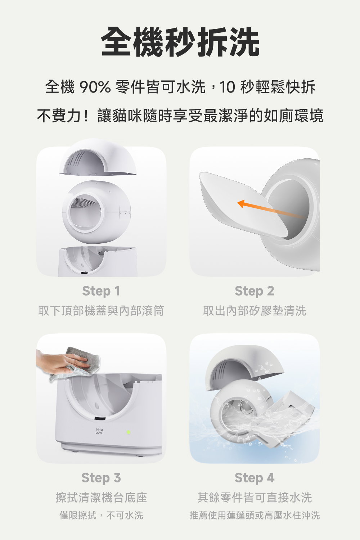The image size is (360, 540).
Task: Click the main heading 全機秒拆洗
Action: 180,42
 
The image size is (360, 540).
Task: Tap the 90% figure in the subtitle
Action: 95,87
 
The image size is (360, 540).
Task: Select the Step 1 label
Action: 101,291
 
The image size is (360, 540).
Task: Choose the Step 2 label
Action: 254,291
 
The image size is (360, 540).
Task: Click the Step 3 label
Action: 101,478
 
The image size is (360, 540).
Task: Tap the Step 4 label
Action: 254,478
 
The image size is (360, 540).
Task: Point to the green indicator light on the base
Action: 128,432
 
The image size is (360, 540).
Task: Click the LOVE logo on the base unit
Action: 99,431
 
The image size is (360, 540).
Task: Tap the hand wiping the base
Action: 59,362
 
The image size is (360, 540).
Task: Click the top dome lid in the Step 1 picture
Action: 98,158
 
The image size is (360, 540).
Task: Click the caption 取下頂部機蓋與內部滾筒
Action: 101,310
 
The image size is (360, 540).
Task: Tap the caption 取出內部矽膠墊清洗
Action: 254,310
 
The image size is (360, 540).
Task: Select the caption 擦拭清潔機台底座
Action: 101,498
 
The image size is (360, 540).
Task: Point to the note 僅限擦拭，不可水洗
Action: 101,515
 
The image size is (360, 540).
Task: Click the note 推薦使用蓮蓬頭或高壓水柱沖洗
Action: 254,515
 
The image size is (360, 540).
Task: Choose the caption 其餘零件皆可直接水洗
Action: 254,498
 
